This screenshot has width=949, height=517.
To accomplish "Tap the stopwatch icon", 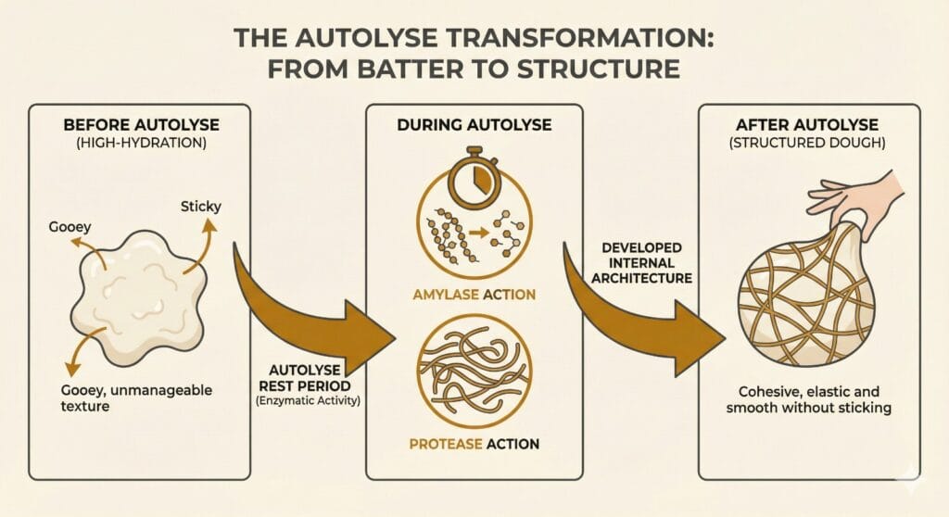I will [x=474, y=176].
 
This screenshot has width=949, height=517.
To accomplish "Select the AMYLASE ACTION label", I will [x=474, y=295].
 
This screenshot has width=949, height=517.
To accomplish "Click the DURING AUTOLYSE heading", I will [x=474, y=124].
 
